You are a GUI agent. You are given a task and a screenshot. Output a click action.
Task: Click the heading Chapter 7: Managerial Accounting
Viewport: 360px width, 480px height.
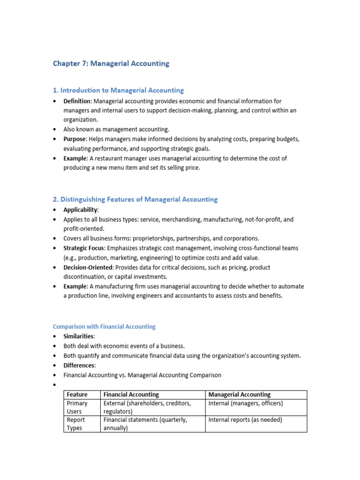pos(111,63)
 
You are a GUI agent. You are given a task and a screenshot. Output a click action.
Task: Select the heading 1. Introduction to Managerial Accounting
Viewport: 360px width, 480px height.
pos(118,90)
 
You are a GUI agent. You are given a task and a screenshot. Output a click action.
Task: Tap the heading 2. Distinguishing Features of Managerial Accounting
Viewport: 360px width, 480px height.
pos(135,199)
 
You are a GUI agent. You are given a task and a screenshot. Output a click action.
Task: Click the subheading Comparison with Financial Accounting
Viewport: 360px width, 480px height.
pos(104,326)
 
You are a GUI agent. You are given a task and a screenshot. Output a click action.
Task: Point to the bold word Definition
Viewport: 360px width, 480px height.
pos(76,101)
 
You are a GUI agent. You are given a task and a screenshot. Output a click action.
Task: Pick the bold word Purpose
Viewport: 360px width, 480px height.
pos(75,139)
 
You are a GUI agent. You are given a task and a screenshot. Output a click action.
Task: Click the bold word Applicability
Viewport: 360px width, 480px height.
pos(80,210)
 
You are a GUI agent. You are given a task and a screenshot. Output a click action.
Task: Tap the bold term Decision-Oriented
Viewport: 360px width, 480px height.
pos(88,267)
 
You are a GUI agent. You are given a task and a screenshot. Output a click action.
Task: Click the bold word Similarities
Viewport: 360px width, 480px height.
pos(79,337)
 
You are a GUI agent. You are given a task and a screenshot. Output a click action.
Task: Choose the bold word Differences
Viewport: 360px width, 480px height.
pos(79,365)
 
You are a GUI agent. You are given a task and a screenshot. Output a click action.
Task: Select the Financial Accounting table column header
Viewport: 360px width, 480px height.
pos(131,395)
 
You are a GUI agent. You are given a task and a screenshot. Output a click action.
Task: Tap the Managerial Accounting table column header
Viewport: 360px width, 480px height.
pos(239,395)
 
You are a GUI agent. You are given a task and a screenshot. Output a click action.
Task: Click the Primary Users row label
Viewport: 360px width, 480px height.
pos(77,407)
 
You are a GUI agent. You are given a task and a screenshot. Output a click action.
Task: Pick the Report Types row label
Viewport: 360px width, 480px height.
pos(75,424)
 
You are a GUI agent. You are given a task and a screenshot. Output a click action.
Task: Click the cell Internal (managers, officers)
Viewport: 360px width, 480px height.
pos(246,403)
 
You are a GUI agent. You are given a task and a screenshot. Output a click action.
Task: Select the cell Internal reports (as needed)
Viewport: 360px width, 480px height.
pos(245,420)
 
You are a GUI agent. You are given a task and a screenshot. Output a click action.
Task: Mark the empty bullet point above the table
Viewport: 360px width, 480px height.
pos(55,385)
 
